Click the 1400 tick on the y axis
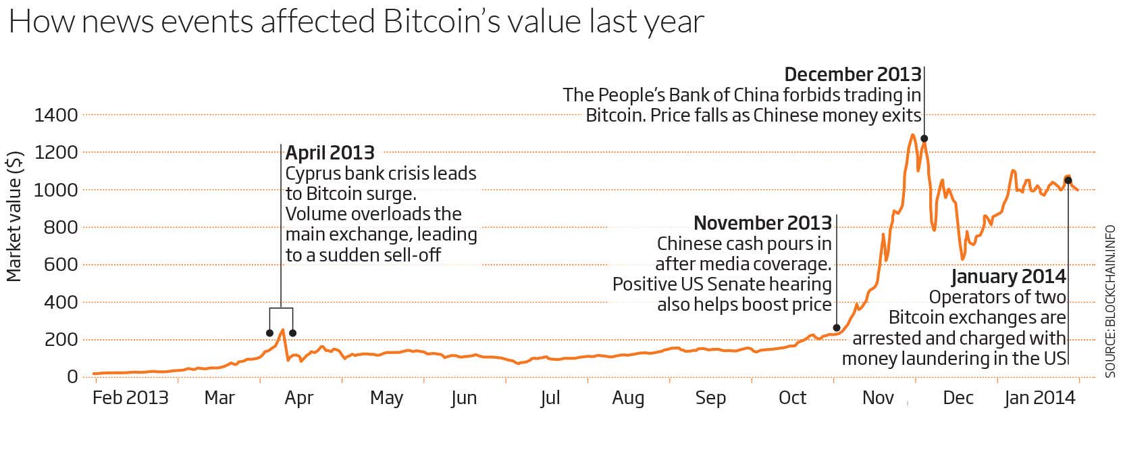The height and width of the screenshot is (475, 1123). [x=56, y=115]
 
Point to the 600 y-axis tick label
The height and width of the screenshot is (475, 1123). [x=61, y=264]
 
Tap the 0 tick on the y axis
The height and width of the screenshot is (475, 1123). [x=72, y=376]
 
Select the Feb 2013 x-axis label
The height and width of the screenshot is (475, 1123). [x=130, y=397]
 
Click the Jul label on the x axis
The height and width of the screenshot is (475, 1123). [x=550, y=397]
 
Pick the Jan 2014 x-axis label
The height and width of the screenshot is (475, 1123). [x=1039, y=397]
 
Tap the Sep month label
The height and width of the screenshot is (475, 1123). [x=710, y=397]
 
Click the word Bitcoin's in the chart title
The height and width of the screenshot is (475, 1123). [x=441, y=22]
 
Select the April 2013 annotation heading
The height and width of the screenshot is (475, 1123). [x=330, y=153]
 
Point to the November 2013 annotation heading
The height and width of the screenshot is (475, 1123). [x=762, y=223]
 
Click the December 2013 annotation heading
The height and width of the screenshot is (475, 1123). [x=852, y=74]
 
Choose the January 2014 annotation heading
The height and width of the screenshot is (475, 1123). [x=1008, y=276]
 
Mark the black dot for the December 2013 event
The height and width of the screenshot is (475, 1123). [x=924, y=139]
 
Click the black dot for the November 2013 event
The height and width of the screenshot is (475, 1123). [x=837, y=328]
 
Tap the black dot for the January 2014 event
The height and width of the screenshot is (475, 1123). [x=1068, y=180]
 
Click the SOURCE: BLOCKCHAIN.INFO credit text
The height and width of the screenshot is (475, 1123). [x=1110, y=301]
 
